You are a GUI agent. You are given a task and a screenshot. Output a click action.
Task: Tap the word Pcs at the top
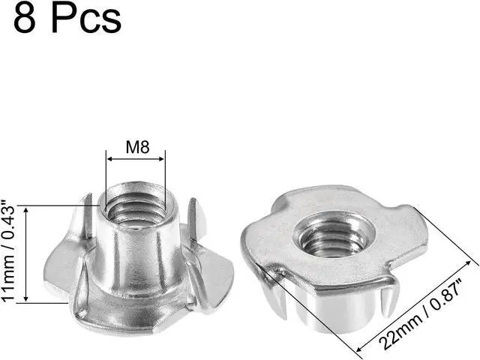click(87, 19)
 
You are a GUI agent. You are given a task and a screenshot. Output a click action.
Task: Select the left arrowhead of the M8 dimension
click(108, 159)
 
